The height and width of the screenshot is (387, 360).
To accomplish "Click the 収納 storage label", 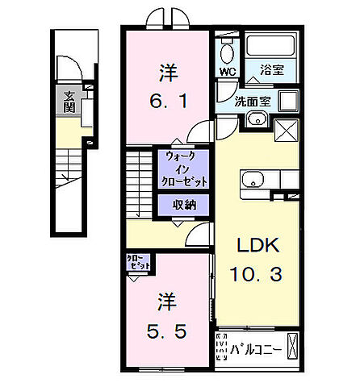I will coord(184,205).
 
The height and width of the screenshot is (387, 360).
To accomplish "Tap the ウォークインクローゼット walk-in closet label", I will coord(184,169).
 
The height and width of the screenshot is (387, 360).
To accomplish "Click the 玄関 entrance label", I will coord(69,102).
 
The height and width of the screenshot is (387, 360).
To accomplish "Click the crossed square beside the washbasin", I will coord(287,129).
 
